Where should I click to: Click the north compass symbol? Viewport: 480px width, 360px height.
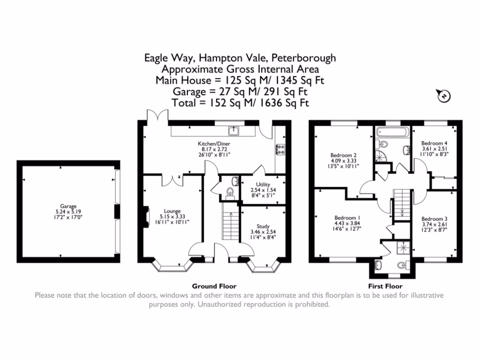443,96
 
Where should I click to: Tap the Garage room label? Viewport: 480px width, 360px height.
68,205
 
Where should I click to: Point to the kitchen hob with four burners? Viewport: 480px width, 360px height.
282,149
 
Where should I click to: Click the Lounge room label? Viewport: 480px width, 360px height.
172,211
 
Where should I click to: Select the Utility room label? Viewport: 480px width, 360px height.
262,185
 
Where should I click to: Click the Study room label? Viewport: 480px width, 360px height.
262,226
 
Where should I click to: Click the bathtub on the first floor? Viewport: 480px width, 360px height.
392,132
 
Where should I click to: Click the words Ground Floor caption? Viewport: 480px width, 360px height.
214,286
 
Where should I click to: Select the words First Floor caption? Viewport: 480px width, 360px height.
386,286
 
